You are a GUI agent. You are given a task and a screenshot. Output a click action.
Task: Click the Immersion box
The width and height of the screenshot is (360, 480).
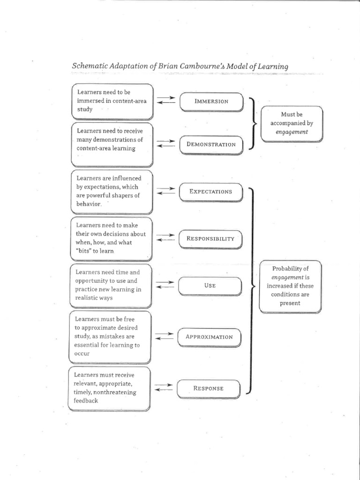211,101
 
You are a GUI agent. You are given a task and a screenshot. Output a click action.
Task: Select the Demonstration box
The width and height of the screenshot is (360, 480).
211,144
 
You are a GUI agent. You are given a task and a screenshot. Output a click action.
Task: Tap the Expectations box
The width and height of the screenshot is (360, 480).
210,192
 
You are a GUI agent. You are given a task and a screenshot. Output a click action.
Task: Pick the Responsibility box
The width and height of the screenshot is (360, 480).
210,239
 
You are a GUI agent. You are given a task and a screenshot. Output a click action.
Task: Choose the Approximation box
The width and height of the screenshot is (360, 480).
209,337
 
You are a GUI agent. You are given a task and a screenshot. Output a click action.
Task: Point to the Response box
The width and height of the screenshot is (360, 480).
209,388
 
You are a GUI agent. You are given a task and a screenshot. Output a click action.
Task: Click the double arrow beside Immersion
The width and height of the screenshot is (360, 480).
166,100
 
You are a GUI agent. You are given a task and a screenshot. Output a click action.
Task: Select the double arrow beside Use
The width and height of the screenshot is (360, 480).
165,285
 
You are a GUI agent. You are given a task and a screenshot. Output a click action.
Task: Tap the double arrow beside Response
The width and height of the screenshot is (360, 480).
164,387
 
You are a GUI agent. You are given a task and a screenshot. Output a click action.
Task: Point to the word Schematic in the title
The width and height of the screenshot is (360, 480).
88,66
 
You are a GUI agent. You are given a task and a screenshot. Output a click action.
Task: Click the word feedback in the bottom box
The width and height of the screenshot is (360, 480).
86,401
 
